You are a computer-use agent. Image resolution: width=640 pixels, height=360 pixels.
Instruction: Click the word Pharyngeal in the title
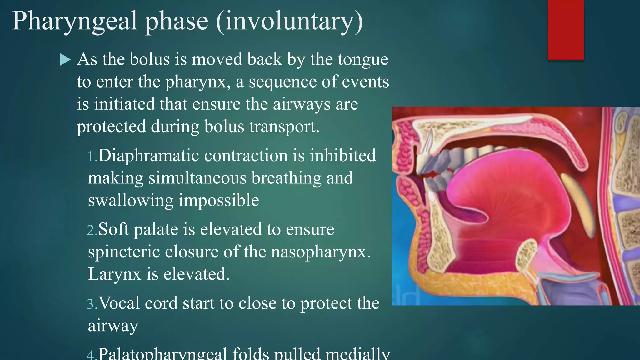(75, 21)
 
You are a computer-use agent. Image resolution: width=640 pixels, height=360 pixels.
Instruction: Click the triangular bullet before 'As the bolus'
(65, 59)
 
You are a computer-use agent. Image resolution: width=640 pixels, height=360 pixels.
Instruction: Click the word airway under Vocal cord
(113, 326)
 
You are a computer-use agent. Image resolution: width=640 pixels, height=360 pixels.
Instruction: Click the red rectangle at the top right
(566, 30)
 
